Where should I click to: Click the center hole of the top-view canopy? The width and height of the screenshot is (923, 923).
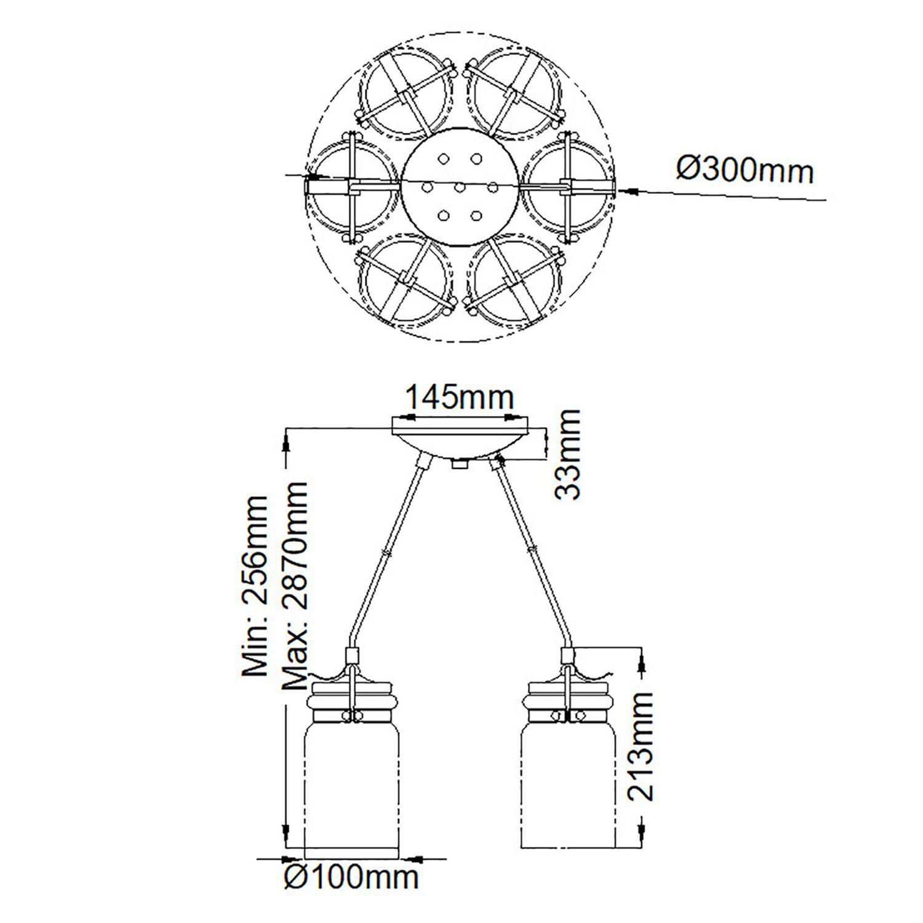[458, 186]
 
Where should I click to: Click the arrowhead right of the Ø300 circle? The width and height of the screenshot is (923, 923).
[626, 192]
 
